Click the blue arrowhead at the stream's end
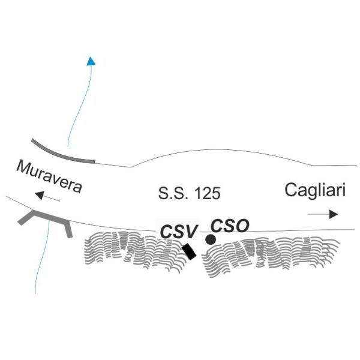point(91,61)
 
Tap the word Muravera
point(49,176)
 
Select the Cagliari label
point(315,190)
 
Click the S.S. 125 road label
point(190,193)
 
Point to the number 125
point(208,193)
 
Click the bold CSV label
point(179,232)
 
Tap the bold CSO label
point(230,226)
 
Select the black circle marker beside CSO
point(211,239)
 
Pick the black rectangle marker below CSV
point(189,251)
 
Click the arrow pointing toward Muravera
point(47,197)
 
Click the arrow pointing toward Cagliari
point(323,214)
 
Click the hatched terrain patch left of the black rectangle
point(133,250)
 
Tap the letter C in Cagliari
point(290,190)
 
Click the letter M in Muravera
point(23,167)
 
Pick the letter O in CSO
point(242,226)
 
